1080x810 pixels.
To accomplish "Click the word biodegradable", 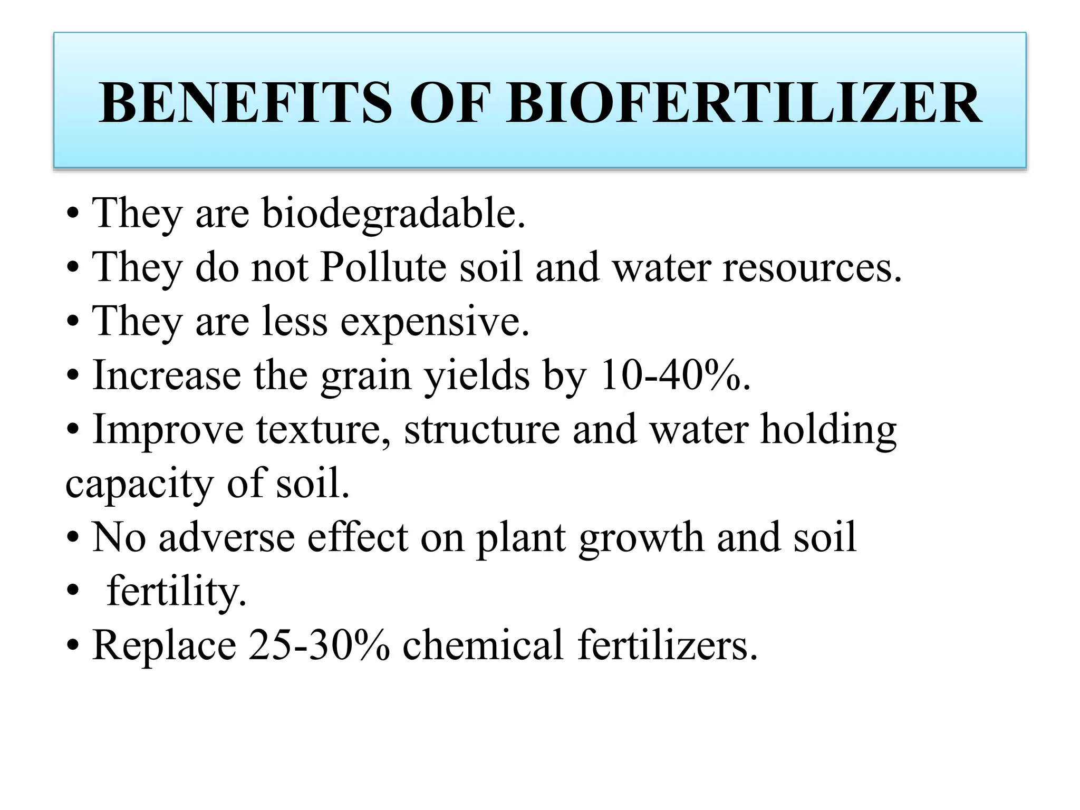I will [x=393, y=214].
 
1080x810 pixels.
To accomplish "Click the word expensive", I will [x=435, y=321].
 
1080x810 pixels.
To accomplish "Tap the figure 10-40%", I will [x=675, y=375].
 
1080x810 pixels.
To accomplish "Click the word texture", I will [x=324, y=429].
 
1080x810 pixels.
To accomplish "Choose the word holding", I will [x=828, y=430].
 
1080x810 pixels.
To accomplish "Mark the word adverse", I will [x=226, y=537].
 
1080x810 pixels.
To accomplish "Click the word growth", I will [x=641, y=538].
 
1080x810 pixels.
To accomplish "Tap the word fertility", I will [x=176, y=592].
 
